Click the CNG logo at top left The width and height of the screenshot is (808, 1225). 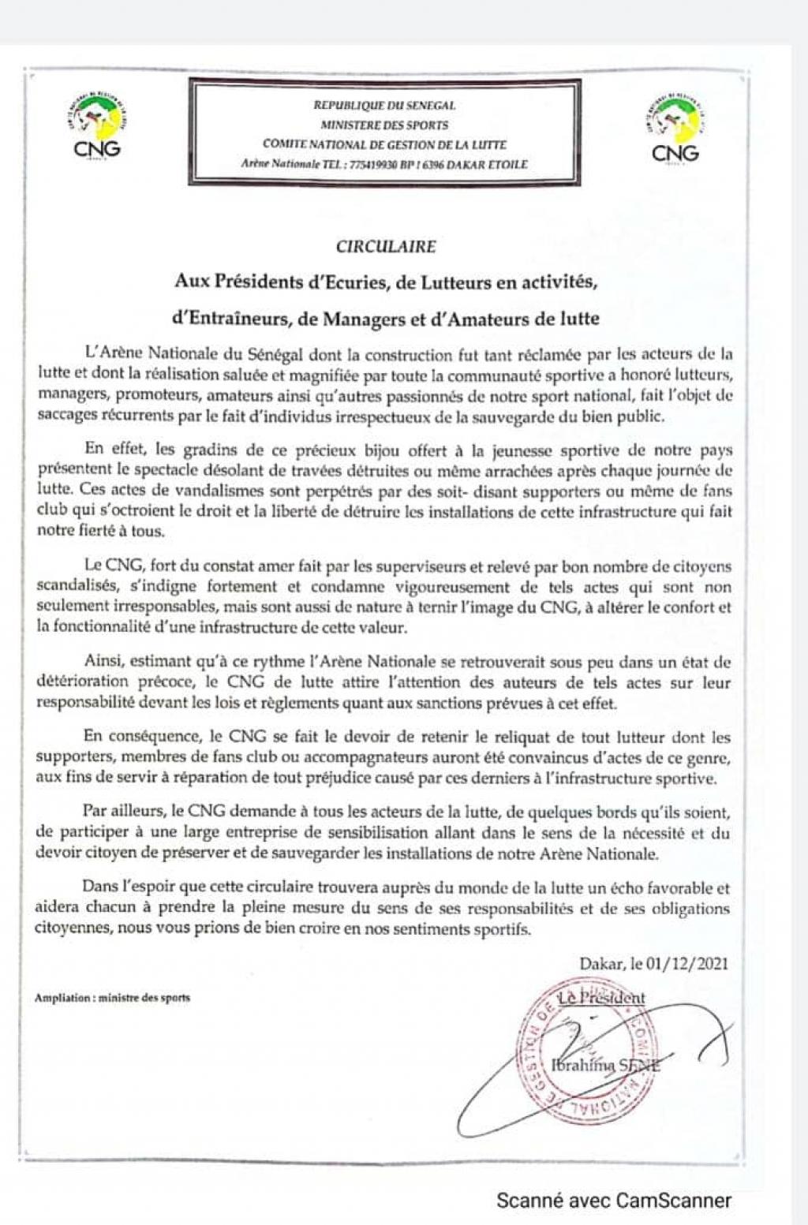pyautogui.click(x=97, y=125)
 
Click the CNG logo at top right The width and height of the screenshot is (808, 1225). pyautogui.click(x=675, y=129)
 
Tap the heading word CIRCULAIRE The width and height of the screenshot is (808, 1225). pyautogui.click(x=385, y=246)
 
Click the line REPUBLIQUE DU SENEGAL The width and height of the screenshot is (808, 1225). pyautogui.click(x=384, y=105)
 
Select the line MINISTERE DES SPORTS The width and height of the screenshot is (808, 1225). pyautogui.click(x=384, y=125)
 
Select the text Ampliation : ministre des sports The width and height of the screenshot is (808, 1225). pyautogui.click(x=112, y=998)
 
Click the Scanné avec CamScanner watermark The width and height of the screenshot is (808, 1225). pyautogui.click(x=613, y=1201)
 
